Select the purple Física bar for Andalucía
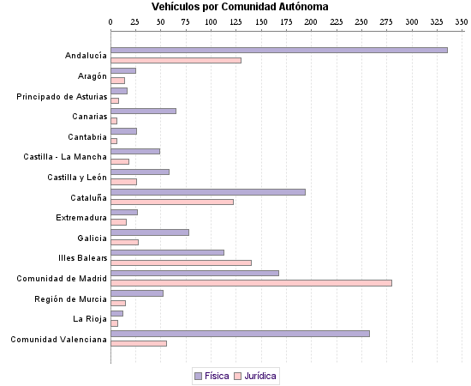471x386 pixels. point(279,50)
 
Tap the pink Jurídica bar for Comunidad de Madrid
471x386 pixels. point(251,283)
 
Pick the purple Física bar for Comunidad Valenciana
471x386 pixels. point(240,333)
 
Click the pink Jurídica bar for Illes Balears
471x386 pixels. point(181,262)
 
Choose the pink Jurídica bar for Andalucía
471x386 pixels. point(176,60)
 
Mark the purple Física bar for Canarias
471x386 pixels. point(143,111)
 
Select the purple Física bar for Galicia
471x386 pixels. point(150,232)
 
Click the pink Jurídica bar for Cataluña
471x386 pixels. point(172,202)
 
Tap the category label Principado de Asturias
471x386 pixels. point(62,96)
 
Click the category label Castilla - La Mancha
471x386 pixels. point(65,157)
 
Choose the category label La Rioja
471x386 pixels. point(90,319)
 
